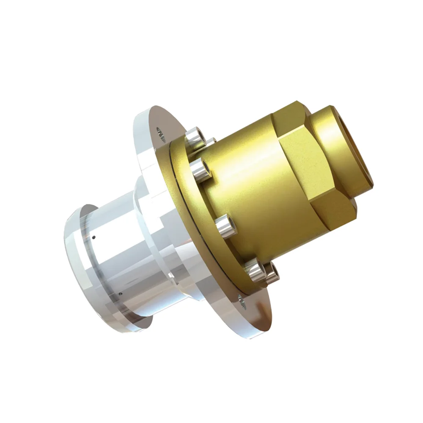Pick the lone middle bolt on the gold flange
225,226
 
